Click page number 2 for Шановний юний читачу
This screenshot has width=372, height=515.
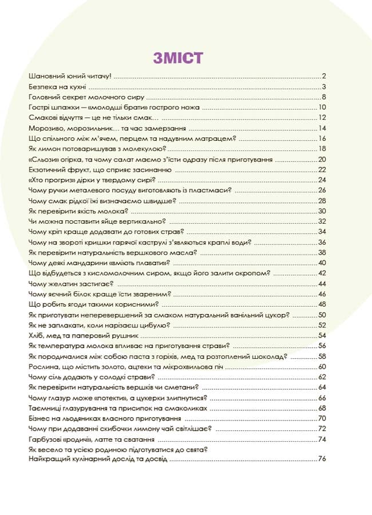click(x=323, y=76)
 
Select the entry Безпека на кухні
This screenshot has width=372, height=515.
click(x=57, y=86)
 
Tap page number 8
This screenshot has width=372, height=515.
click(x=323, y=97)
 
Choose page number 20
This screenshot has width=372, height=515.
click(x=322, y=159)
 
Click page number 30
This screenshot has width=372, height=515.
click(x=322, y=211)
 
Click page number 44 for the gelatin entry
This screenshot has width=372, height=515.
click(x=322, y=284)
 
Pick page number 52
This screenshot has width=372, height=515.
click(x=322, y=325)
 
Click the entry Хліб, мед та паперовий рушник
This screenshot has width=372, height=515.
click(x=84, y=335)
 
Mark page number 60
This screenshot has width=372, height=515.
click(x=322, y=366)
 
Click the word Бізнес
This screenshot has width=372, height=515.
click(x=39, y=418)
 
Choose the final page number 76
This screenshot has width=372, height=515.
click(x=322, y=459)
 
